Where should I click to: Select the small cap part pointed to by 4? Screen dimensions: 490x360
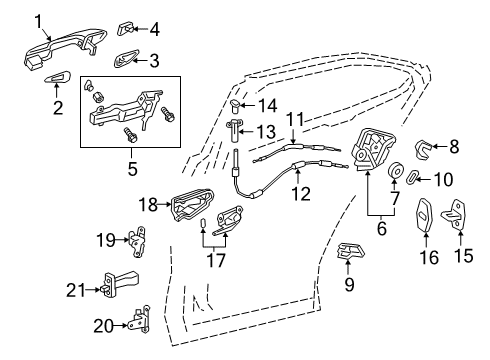click(x=126, y=29)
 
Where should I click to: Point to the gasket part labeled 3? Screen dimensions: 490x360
click(x=126, y=59)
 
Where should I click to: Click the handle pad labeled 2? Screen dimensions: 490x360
click(x=58, y=78)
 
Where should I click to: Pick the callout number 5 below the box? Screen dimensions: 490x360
click(x=132, y=169)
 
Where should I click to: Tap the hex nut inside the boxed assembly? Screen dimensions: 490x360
click(x=98, y=96)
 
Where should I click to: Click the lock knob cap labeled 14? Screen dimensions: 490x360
click(x=236, y=104)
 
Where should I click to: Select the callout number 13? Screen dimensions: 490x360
click(x=266, y=131)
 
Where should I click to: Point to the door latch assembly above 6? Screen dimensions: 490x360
click(x=373, y=149)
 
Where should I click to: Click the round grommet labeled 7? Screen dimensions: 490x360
click(x=396, y=170)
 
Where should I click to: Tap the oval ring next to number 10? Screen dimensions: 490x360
click(x=413, y=176)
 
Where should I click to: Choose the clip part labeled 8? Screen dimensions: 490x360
click(x=423, y=149)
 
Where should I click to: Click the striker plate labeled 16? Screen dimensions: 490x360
click(x=424, y=215)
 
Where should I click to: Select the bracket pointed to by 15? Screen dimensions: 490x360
click(x=454, y=214)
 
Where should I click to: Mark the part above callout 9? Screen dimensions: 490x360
click(x=350, y=251)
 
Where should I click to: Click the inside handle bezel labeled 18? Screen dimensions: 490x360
click(x=193, y=204)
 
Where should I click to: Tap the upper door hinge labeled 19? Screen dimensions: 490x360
click(x=137, y=241)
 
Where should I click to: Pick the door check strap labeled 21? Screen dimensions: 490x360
click(x=120, y=283)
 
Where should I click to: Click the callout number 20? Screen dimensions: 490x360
click(x=104, y=326)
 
